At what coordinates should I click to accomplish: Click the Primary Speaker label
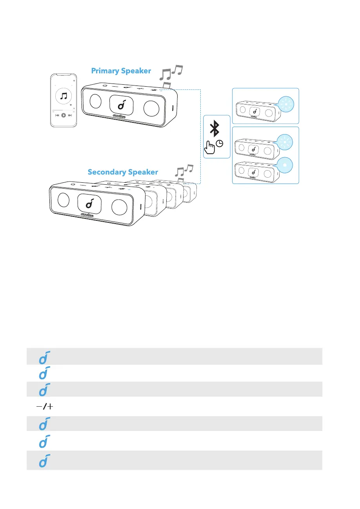121,71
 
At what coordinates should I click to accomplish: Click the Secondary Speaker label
123,172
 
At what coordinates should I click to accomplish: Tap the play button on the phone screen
63,115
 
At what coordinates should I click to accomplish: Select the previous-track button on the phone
57,115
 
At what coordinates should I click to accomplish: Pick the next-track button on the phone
70,115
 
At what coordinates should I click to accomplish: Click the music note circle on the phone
63,96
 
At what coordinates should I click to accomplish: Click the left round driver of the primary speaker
95,102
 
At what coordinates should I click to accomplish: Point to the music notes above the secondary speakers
184,171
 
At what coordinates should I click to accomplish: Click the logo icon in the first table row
44,356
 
